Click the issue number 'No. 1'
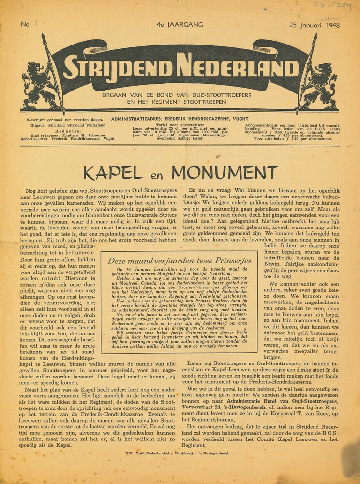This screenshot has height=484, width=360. coord(29,24)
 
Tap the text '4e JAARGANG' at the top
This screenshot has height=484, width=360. coord(180,24)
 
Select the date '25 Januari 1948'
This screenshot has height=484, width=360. coord(314,25)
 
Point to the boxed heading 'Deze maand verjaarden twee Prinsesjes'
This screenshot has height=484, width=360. coord(180,261)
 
